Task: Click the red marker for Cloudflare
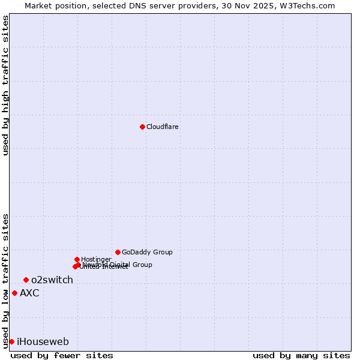tap(142, 127)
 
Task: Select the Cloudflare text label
tap(163, 127)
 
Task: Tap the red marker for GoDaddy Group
tap(118, 252)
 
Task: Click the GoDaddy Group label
tap(147, 253)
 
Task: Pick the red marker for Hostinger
tap(77, 259)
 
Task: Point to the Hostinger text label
tap(96, 259)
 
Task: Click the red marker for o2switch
tap(26, 280)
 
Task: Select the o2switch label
tap(52, 280)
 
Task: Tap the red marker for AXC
tap(14, 293)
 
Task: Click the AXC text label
tap(29, 293)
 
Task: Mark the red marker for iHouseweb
tap(11, 341)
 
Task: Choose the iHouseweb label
tap(43, 342)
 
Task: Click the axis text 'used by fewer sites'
tap(62, 356)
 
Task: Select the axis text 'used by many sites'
tap(301, 356)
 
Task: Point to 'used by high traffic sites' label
tap(5, 85)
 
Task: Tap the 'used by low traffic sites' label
tap(5, 281)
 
